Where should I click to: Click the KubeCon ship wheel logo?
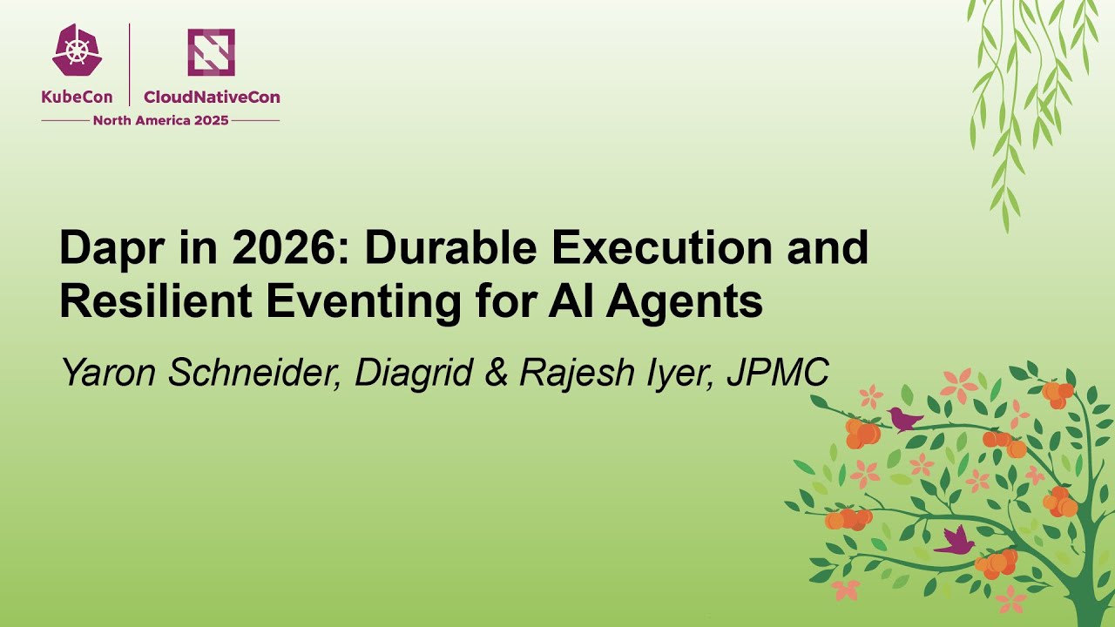coord(77,51)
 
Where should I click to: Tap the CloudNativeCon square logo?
coord(211,51)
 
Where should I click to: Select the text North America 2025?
coord(160,120)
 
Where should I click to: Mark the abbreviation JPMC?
coord(776,373)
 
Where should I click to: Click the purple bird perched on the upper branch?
coord(904,420)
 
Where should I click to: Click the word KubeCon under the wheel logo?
coord(77,98)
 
